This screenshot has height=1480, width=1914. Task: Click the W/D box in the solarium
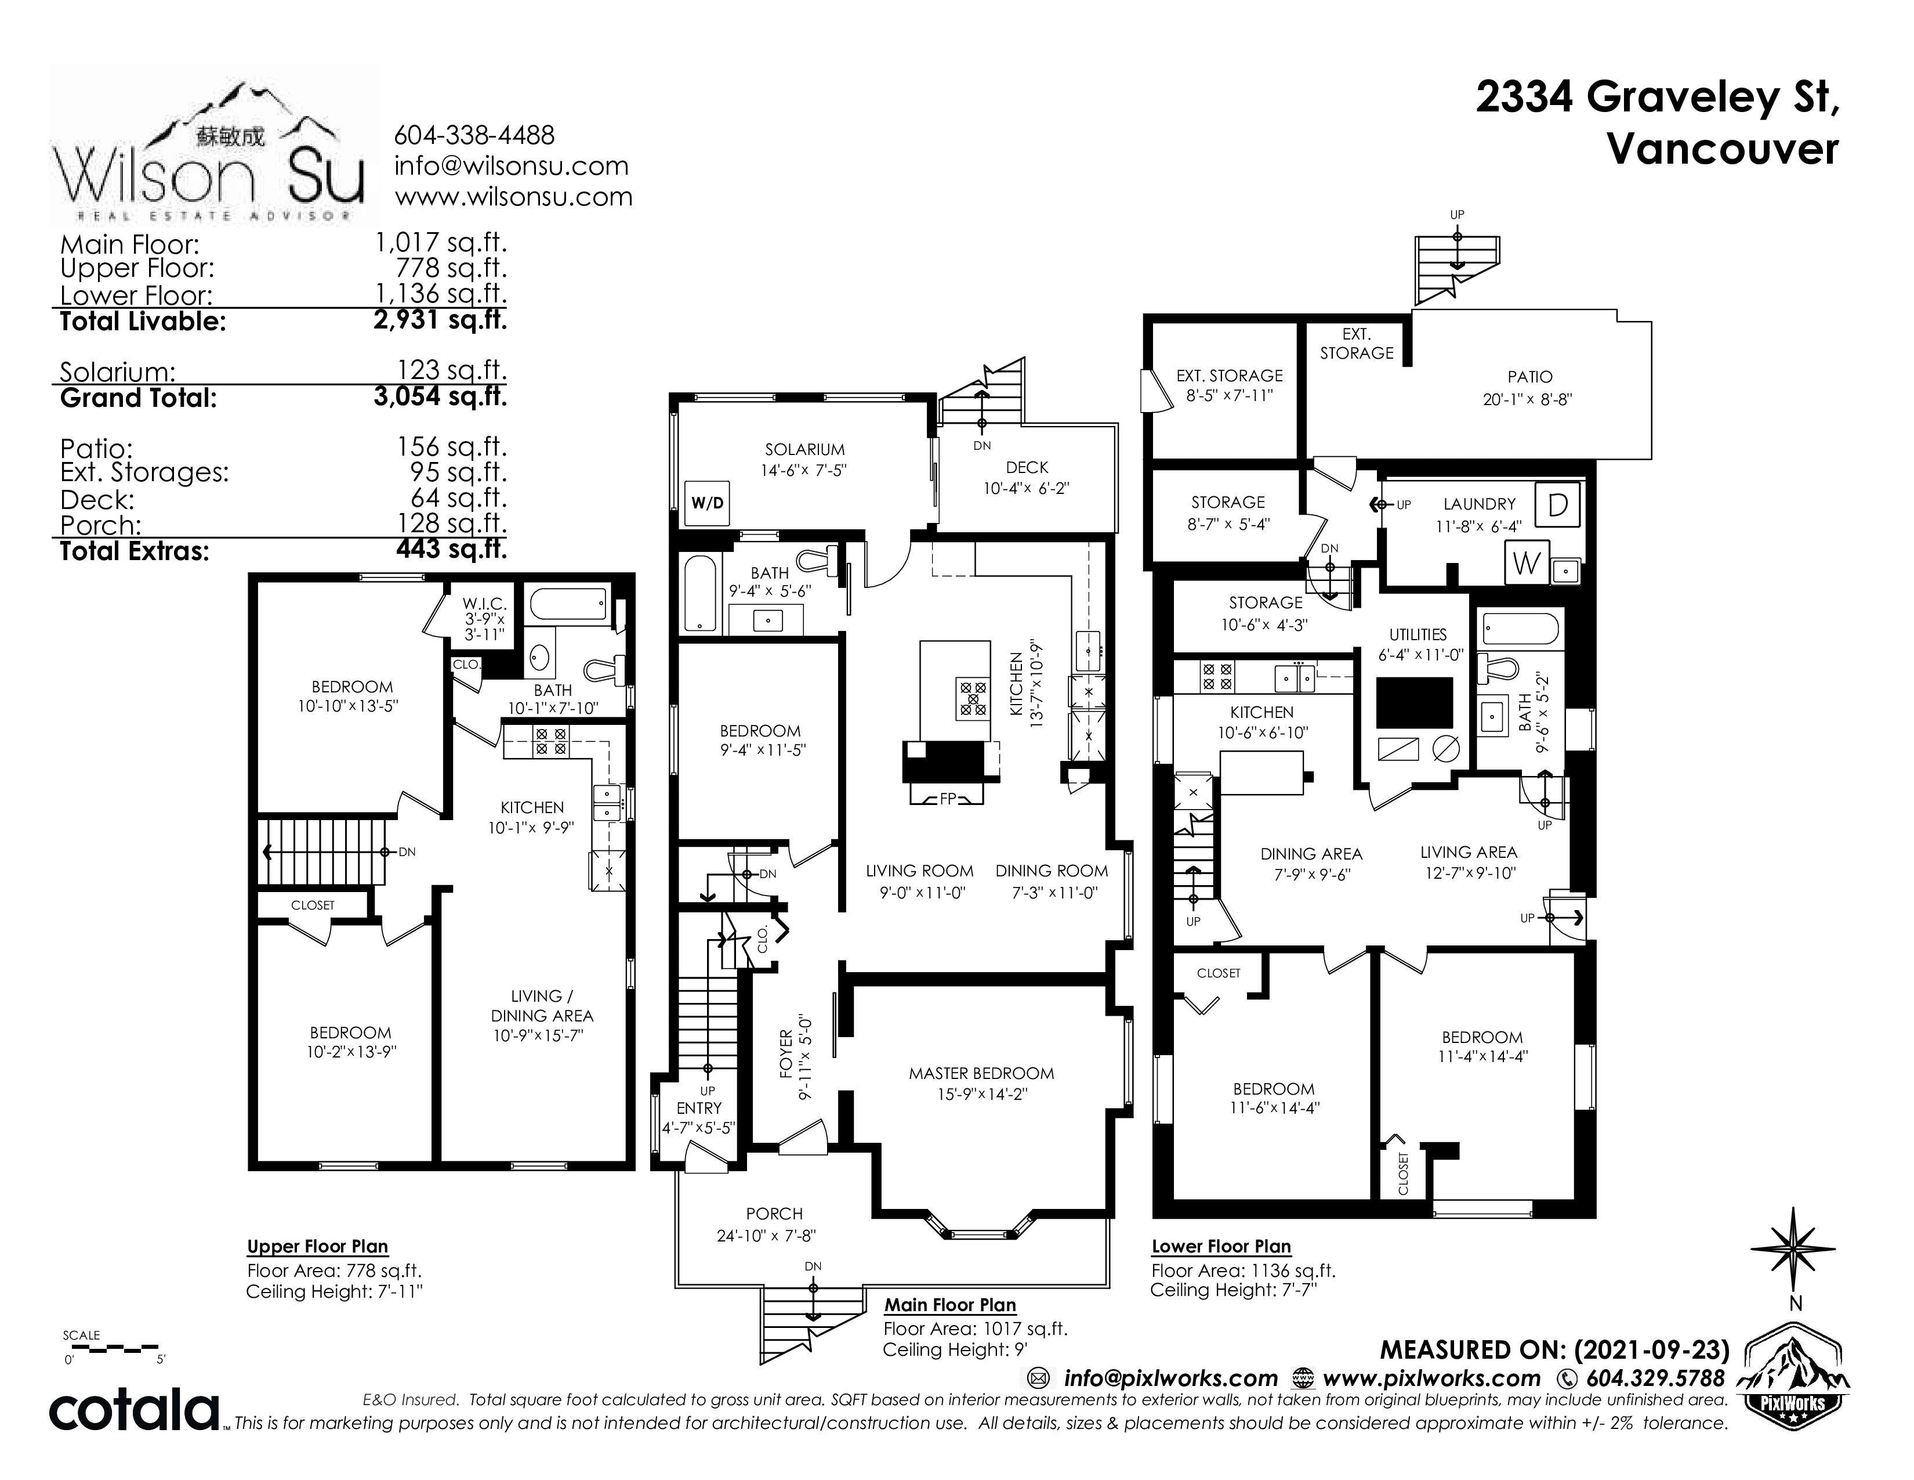coord(706,503)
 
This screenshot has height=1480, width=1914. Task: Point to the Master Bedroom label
coord(981,1073)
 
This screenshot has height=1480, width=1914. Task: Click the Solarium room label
coord(804,450)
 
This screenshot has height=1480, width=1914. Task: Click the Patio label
coord(1529,377)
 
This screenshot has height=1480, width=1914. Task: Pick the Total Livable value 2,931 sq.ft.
coord(440,320)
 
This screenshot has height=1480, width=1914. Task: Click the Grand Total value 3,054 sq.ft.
coord(440,396)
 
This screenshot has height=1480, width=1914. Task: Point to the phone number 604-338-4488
coord(474,135)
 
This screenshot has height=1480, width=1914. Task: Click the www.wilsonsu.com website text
coord(513,196)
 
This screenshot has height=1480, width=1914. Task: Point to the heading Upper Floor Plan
coord(317,1246)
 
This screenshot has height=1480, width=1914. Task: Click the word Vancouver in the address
coord(1723,149)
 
